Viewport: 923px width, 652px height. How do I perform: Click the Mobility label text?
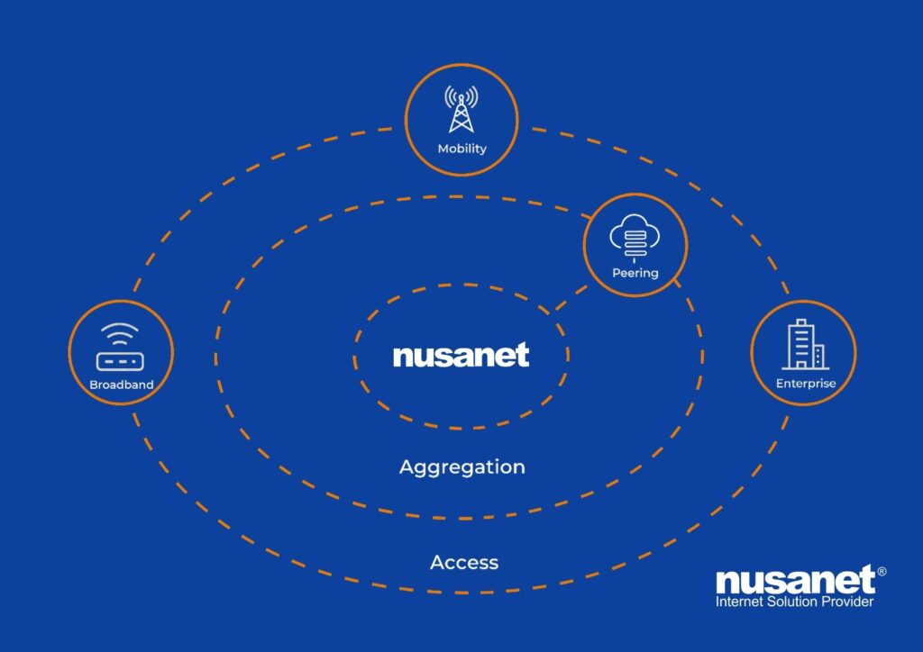(x=461, y=149)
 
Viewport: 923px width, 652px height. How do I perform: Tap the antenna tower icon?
(x=461, y=110)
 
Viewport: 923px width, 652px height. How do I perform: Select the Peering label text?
(x=635, y=273)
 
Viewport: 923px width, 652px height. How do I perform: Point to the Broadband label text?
(x=122, y=385)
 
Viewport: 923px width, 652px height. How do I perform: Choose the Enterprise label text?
(x=806, y=384)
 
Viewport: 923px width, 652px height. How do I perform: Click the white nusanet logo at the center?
(x=461, y=356)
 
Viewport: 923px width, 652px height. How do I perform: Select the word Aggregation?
(x=461, y=467)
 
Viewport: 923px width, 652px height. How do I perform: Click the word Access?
(x=464, y=563)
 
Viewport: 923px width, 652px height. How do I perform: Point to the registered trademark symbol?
(x=882, y=571)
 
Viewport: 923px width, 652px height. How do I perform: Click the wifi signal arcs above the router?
(x=120, y=334)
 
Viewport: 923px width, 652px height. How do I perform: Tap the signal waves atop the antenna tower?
(x=461, y=95)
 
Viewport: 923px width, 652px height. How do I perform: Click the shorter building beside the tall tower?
(x=818, y=356)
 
